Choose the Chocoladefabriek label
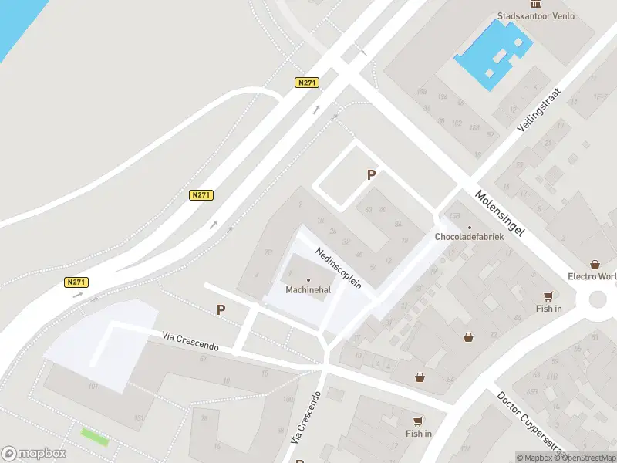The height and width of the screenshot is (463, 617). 469,237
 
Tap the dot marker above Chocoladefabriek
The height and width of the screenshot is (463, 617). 469,227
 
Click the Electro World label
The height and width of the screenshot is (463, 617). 592,276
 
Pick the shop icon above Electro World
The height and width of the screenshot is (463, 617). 594,265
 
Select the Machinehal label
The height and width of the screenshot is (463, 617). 308,290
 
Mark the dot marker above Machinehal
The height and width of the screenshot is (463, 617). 308,280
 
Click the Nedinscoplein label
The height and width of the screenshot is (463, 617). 338,269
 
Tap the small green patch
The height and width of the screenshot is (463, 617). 95,436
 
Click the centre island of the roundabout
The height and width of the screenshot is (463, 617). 600,299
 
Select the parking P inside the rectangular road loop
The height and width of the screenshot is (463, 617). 371,175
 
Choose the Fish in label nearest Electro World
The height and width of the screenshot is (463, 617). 548,309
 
